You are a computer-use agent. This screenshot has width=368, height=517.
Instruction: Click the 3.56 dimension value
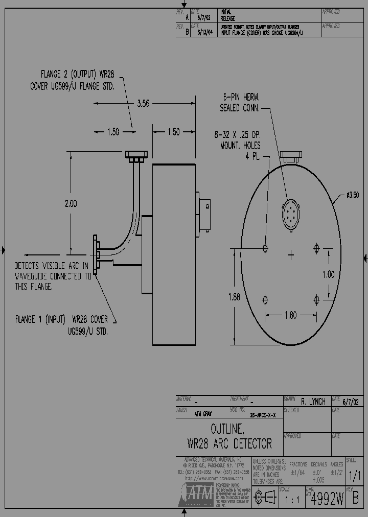(x=143, y=103)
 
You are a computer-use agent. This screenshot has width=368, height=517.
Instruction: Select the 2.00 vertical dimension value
(x=71, y=203)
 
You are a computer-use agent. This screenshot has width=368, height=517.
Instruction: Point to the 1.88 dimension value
(x=233, y=297)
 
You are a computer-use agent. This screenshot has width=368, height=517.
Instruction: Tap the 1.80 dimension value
(x=290, y=315)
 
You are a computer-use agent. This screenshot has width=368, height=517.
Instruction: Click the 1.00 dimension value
(x=328, y=274)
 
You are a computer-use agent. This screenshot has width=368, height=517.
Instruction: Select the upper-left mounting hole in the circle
(x=265, y=248)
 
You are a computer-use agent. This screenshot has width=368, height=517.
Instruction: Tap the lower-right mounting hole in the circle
(x=316, y=299)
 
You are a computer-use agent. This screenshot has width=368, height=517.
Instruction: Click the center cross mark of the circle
(x=291, y=254)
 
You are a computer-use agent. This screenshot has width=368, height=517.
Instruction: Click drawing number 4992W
(x=327, y=500)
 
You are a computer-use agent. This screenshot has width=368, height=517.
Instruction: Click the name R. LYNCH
(x=313, y=402)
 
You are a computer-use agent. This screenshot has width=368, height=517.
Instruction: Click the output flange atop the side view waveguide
(x=136, y=154)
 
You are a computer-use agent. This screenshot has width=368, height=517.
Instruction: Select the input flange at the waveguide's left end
(x=95, y=254)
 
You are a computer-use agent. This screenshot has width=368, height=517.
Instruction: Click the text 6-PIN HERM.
(x=242, y=97)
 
